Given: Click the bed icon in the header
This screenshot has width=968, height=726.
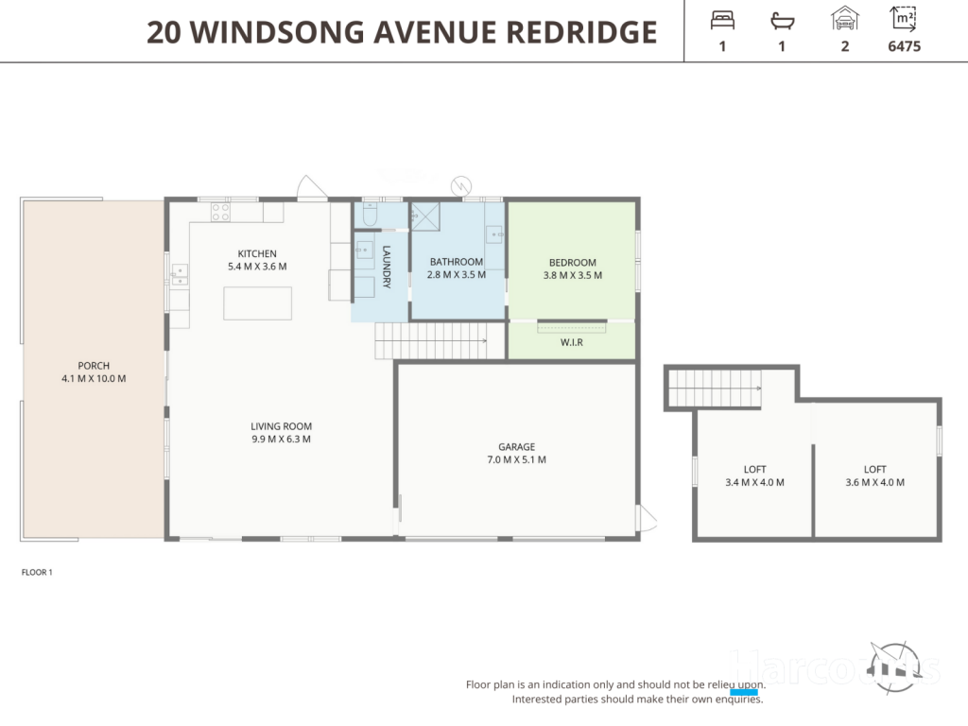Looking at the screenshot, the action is click(x=722, y=21).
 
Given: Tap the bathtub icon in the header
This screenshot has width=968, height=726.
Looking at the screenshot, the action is click(x=782, y=22).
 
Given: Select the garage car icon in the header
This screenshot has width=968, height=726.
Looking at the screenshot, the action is click(x=844, y=19).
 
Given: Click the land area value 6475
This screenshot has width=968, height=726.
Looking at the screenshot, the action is click(x=905, y=46).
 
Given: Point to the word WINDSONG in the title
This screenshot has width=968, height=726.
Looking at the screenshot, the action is click(x=277, y=32).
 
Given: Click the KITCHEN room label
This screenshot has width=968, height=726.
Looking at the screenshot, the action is click(x=257, y=253).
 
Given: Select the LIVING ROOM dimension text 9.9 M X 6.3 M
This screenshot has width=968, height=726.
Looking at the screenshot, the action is click(x=281, y=439).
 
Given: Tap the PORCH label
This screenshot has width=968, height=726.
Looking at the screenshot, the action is click(x=94, y=366).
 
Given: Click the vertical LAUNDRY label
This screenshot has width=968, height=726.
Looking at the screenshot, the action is click(x=387, y=267).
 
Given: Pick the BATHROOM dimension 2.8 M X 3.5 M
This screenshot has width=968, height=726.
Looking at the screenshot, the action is click(x=457, y=275).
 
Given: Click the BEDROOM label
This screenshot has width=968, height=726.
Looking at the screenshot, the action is click(x=572, y=263).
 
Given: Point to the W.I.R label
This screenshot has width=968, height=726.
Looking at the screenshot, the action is click(x=572, y=342).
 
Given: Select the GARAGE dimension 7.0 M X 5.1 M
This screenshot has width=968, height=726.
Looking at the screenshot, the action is click(x=517, y=459).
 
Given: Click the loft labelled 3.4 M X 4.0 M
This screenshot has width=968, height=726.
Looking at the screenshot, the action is click(x=754, y=476).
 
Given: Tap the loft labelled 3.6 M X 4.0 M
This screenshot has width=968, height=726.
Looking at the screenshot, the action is click(x=874, y=476).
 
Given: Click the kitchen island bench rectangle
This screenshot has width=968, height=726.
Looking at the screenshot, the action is click(x=257, y=303).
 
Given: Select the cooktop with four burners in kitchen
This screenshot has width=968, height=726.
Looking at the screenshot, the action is click(x=220, y=212).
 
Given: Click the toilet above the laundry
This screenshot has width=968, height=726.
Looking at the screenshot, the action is click(x=370, y=215).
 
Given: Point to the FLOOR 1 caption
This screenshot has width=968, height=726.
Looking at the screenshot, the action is click(x=37, y=572).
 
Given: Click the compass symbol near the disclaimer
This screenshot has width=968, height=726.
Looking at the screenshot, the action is click(x=894, y=666).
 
